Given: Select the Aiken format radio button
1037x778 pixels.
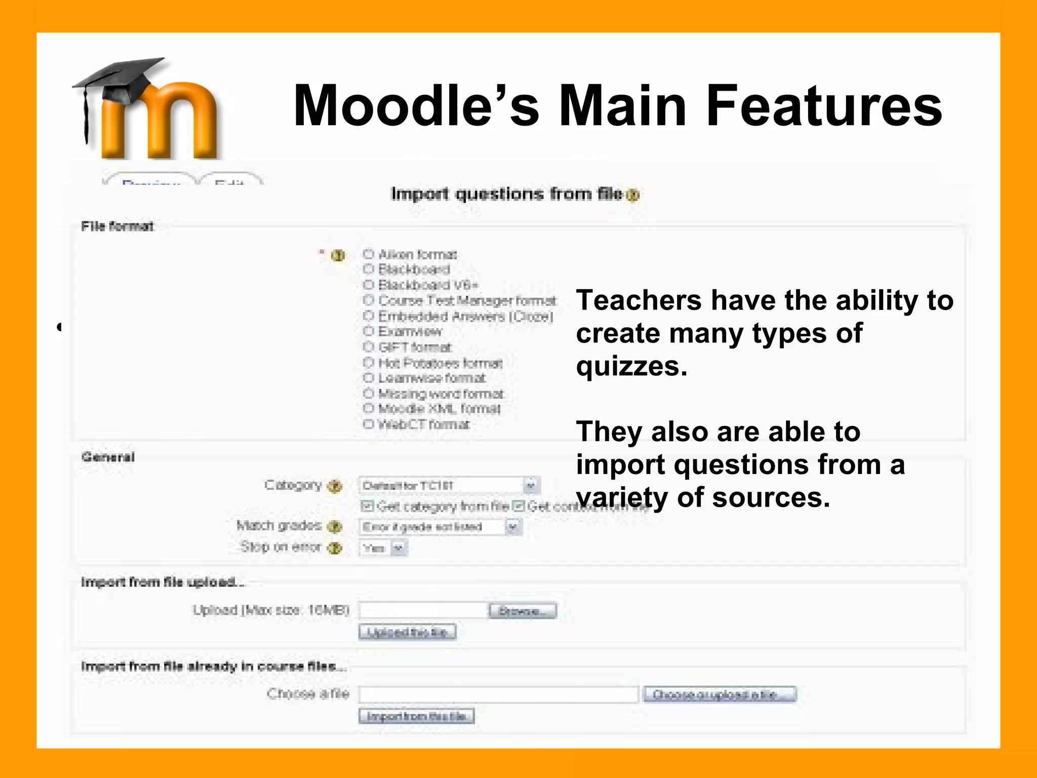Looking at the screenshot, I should point(369,254).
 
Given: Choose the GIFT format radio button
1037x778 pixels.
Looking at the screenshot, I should point(369,347).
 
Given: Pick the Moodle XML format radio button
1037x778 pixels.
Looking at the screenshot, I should point(369,408).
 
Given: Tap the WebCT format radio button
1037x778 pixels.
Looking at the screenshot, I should point(369,424).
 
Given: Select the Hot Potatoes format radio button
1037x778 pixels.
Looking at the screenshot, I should point(369,363).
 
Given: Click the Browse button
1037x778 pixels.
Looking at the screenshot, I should point(523,611).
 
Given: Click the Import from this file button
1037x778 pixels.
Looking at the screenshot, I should point(416,716).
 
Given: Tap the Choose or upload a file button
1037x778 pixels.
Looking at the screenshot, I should point(720,694).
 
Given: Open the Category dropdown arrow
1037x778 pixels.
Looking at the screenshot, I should point(530,485).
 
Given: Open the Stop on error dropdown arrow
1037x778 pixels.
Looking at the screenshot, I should point(399,548).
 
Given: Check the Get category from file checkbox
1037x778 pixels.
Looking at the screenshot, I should point(367,506).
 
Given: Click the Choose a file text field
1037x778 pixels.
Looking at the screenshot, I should point(498,694).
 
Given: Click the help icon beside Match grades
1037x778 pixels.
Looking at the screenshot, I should point(334,527).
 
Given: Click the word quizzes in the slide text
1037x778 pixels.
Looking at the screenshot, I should point(631,366).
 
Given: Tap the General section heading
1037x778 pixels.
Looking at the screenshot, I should point(108,457).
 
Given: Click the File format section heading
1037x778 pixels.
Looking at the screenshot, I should point(117,226).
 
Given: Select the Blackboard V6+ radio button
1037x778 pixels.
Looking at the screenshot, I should point(369,285).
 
